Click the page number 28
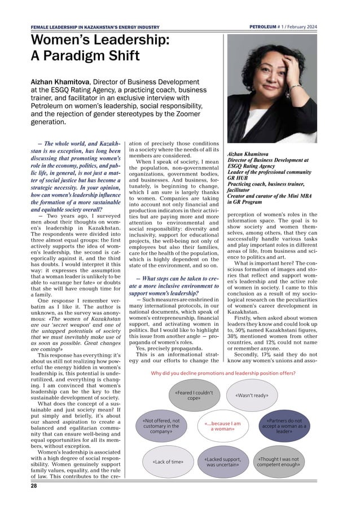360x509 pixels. (34, 486)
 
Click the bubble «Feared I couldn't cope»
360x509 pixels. (187, 394)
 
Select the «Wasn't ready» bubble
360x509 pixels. (251, 395)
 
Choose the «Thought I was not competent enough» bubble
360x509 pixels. (278, 462)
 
